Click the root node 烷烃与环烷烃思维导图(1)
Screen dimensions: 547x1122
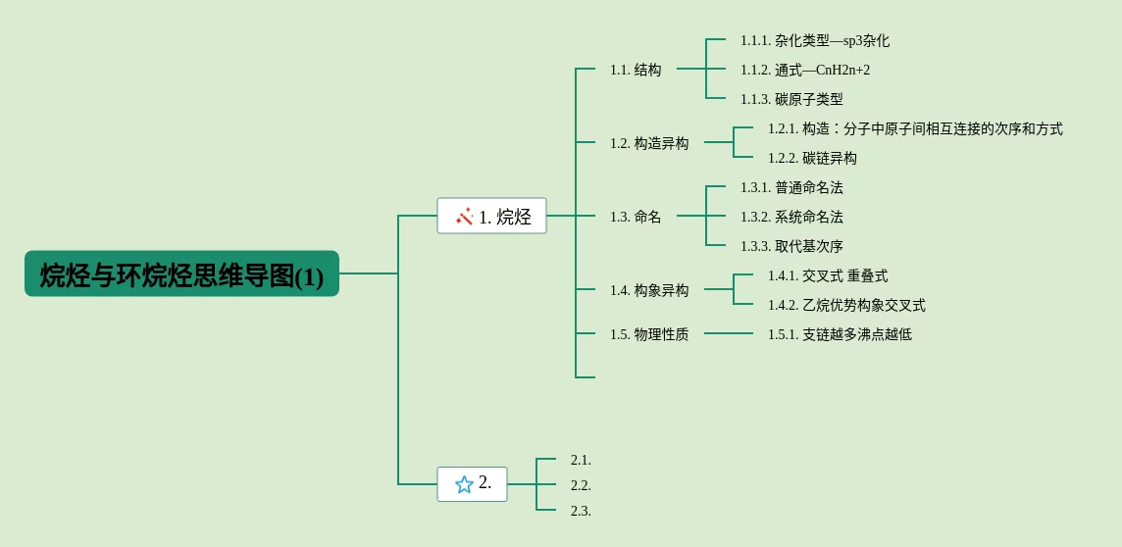click(x=181, y=274)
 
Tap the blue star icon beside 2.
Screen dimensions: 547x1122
click(x=464, y=484)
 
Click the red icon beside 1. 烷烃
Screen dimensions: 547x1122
click(x=464, y=217)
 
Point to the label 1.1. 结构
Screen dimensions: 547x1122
click(x=636, y=70)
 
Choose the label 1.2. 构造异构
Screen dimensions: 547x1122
click(x=649, y=143)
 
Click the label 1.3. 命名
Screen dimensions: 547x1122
click(x=636, y=217)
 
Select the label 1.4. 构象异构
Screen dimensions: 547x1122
click(x=649, y=290)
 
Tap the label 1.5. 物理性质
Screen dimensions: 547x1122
click(x=649, y=334)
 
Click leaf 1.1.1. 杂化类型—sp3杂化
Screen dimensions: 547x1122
click(x=815, y=40)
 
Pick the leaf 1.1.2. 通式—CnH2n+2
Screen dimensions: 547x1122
click(x=805, y=70)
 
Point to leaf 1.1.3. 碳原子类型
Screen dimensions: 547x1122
click(x=791, y=99)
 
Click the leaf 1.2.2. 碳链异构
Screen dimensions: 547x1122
click(x=812, y=158)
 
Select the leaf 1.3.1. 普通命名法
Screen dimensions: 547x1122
click(x=791, y=187)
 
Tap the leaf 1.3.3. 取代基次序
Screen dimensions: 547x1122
click(x=791, y=246)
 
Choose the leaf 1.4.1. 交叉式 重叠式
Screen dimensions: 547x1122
click(x=828, y=275)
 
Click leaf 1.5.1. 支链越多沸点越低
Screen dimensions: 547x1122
click(x=840, y=334)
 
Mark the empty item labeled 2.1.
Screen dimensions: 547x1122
click(x=581, y=460)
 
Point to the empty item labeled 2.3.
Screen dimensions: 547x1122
click(x=581, y=511)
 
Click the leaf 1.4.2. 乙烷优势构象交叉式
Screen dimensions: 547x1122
click(x=846, y=305)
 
